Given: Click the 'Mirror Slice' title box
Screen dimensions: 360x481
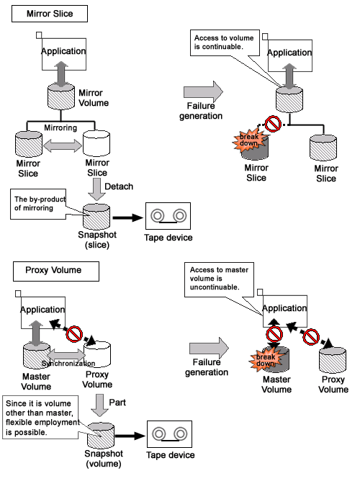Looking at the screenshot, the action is click(x=50, y=14).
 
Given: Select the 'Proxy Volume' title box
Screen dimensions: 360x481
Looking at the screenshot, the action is click(x=56, y=271).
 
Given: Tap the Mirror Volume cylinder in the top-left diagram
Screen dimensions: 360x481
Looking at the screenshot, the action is click(x=61, y=96).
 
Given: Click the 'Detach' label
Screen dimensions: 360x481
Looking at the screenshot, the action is click(x=119, y=186).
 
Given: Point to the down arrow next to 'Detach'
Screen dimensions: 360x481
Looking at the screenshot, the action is click(x=96, y=189).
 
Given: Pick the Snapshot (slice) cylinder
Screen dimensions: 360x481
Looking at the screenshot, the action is click(x=96, y=216).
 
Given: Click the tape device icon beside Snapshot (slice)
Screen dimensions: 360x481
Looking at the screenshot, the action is click(x=168, y=216).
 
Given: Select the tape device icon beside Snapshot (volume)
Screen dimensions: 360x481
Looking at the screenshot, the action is click(x=170, y=434).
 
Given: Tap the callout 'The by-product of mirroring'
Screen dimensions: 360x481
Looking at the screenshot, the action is click(x=38, y=204).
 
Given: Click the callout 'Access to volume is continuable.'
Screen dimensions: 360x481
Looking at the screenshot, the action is click(x=225, y=42).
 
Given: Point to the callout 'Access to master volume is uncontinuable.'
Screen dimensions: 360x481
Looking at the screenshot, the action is click(x=219, y=279).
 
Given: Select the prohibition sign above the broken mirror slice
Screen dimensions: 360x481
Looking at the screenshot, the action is click(x=273, y=124).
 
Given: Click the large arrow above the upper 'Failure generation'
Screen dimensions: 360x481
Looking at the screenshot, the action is click(x=203, y=91).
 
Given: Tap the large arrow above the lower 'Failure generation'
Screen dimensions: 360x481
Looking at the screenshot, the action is click(x=209, y=349).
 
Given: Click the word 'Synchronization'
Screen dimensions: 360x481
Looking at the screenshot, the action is click(x=68, y=364).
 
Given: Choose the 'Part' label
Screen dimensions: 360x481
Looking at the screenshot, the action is click(x=117, y=403).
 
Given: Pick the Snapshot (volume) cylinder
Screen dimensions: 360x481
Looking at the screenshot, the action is click(x=101, y=436).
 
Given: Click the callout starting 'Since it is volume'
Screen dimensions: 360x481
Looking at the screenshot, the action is click(x=41, y=418).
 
